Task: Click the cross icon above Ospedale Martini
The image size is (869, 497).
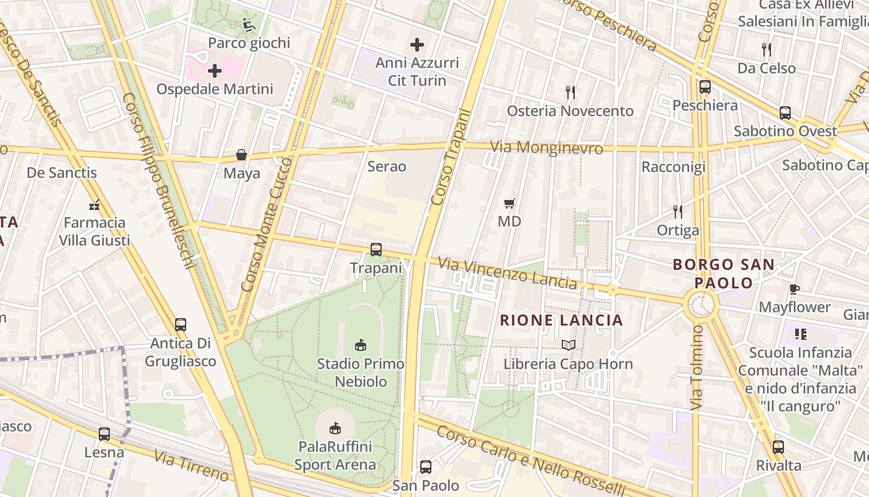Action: point(215,71)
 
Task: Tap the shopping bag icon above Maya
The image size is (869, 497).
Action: point(241,155)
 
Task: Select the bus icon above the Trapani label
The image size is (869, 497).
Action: point(376,250)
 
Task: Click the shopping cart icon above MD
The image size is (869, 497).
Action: point(510,203)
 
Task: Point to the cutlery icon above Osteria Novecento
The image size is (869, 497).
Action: point(570,93)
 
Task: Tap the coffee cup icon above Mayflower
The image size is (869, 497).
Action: point(794,289)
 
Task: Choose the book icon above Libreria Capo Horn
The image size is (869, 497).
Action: point(569,345)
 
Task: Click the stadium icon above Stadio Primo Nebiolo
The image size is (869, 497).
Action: point(360,345)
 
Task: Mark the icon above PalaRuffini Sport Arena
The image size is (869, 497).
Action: point(335,428)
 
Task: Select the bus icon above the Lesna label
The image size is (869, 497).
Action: point(104,434)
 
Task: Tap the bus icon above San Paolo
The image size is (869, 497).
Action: point(426,467)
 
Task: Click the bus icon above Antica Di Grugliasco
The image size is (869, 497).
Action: point(181,324)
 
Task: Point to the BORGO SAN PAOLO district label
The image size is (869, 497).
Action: point(724,273)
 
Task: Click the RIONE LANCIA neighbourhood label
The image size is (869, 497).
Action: point(561,320)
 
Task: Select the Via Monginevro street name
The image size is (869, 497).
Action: point(546,148)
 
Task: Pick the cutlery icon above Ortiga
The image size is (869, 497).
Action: point(678,212)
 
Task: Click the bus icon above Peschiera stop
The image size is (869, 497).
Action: point(705,87)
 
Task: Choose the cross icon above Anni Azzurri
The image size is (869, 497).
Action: point(417,45)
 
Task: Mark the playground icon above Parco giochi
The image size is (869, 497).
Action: point(249,25)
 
